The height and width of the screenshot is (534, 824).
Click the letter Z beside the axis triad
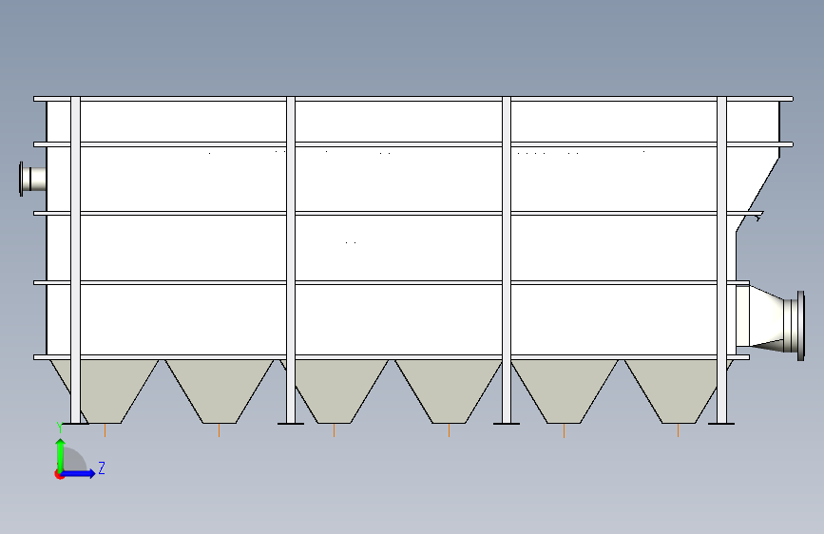(102, 467)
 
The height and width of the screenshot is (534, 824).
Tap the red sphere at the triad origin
(60, 474)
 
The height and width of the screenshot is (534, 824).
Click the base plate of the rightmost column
(721, 424)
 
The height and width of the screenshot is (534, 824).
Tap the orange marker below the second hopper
(220, 431)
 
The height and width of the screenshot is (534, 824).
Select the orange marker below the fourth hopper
(449, 431)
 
